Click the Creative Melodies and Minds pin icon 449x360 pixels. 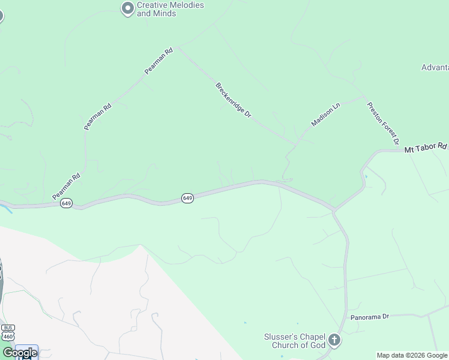(127, 8)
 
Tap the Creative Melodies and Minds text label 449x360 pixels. (170, 9)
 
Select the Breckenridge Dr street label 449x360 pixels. (233, 100)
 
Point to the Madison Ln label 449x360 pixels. (325, 115)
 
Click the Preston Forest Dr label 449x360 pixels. (383, 123)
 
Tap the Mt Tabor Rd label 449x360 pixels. (426, 147)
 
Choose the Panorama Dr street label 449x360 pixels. (369, 316)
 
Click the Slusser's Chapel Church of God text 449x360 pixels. (295, 341)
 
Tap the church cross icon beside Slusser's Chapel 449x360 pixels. (334, 341)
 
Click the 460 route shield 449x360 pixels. (8, 337)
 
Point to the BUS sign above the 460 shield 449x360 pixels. (8, 328)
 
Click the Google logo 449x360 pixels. (20, 353)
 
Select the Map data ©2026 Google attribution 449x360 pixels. (412, 355)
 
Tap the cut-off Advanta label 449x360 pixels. (435, 67)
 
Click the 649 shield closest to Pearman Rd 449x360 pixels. (66, 204)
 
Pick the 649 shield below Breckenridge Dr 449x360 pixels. (187, 198)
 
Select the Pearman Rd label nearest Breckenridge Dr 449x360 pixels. (158, 61)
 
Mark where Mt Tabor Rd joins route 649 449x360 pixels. (334, 211)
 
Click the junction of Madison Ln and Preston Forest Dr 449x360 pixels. (364, 96)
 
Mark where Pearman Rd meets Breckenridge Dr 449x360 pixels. (178, 47)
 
